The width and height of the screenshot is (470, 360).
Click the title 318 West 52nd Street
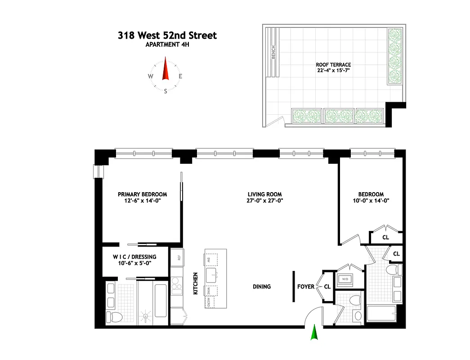(167, 35)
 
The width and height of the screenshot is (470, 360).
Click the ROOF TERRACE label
(333, 65)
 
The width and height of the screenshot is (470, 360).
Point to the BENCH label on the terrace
(273, 53)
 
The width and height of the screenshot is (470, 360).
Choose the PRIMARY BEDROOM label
(142, 194)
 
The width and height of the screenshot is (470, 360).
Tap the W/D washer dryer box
(345, 279)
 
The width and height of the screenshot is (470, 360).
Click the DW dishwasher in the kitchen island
(210, 260)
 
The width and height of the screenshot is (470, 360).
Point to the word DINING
(261, 287)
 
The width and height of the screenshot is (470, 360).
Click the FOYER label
(306, 287)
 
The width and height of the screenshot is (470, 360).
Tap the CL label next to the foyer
(327, 286)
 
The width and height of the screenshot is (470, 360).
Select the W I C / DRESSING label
(134, 257)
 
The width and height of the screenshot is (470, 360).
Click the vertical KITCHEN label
(196, 283)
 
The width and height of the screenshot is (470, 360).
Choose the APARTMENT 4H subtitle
(167, 44)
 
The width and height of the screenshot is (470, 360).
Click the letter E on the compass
(180, 76)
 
